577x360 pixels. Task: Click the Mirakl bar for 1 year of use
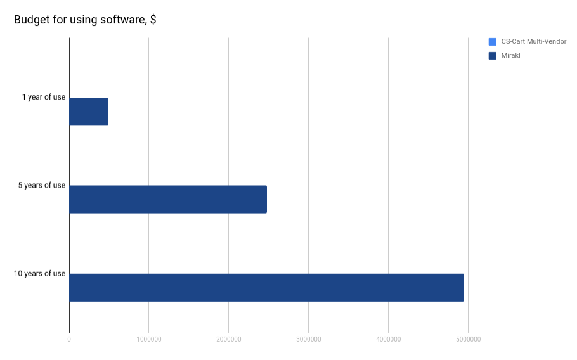[89, 112]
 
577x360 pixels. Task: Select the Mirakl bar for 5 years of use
[168, 199]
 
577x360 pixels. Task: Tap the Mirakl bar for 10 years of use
[266, 287]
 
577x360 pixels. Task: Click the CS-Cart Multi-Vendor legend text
[533, 42]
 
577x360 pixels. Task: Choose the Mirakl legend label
[510, 56]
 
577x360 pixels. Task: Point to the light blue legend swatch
[493, 42]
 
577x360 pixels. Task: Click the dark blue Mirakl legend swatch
[493, 56]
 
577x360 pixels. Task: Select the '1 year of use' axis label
[44, 97]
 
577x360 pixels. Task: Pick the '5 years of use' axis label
[42, 185]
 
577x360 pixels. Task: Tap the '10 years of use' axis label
[40, 274]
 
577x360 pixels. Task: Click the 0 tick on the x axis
[69, 340]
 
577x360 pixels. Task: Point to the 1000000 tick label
[149, 340]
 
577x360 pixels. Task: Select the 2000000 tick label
[229, 340]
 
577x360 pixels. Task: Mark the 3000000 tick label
[309, 340]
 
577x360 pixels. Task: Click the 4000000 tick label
[388, 340]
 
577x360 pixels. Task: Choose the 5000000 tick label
[468, 340]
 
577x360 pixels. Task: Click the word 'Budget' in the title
[31, 20]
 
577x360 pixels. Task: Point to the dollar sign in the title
[153, 20]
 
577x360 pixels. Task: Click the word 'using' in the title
[82, 20]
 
